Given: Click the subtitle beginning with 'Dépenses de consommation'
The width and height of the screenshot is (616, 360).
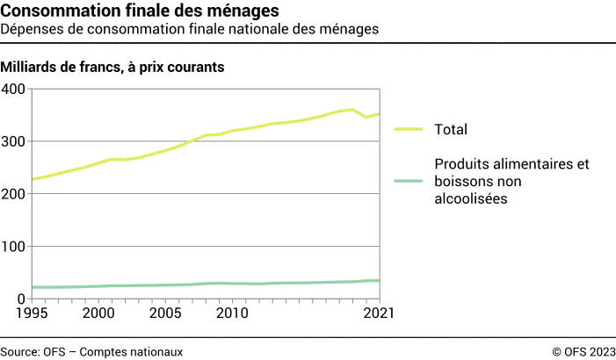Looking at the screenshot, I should coord(190,29).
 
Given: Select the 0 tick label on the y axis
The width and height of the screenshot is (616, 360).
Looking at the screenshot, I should coord(20,299).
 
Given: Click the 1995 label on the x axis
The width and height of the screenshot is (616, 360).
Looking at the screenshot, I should coord(32,313).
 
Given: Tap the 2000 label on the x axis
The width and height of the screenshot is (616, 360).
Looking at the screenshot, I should coord(98,313).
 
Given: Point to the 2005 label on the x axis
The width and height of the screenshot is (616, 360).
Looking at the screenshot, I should coord(165,313).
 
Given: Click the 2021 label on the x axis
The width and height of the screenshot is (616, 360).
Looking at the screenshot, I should coord(379,313).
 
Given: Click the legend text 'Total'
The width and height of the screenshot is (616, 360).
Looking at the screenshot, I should coord(450,130).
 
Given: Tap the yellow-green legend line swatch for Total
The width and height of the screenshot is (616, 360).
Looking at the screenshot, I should coord(408,129).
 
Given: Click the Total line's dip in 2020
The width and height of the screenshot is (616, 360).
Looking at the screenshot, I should coord(366,117).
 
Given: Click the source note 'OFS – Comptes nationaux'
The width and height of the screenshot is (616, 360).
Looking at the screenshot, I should coord(91,351).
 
